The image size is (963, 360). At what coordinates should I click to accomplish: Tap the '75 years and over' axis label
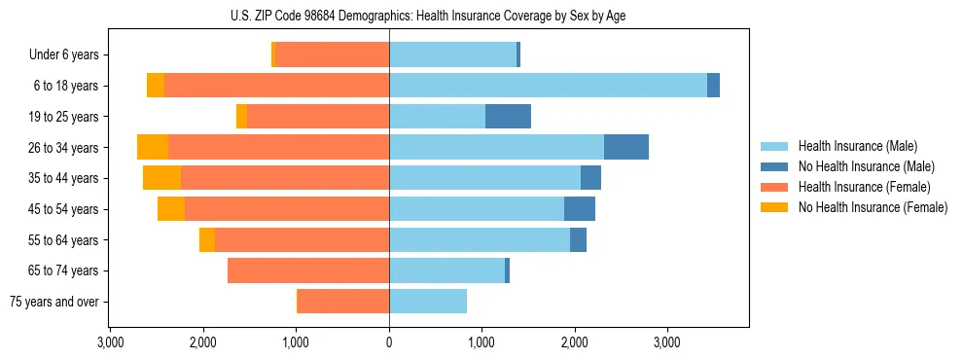(x=53, y=302)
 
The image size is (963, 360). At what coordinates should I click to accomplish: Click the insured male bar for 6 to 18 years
(x=548, y=86)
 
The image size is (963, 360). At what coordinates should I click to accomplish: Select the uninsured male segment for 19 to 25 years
(x=508, y=117)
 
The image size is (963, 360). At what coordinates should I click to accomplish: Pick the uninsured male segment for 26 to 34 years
(x=626, y=147)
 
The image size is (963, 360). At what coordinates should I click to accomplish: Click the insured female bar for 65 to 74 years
(x=308, y=270)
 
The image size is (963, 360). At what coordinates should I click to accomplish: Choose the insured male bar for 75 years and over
(x=428, y=302)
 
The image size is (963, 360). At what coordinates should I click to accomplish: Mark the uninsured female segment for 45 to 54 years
(x=171, y=209)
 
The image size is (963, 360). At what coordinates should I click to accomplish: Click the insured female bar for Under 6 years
(x=333, y=55)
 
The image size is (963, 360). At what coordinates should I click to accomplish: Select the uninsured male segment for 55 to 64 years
(x=578, y=239)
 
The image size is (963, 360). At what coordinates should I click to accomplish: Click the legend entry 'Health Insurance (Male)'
(x=857, y=146)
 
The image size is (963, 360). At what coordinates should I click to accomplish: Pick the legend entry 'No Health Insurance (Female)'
(x=873, y=207)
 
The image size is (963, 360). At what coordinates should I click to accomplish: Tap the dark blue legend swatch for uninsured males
(x=775, y=166)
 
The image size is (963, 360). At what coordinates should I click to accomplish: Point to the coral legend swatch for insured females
(x=775, y=187)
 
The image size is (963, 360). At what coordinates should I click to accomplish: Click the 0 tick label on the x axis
(x=389, y=342)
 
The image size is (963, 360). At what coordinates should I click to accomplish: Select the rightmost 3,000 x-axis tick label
(x=666, y=342)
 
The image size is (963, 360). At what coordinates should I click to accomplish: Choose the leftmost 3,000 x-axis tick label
(x=110, y=342)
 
